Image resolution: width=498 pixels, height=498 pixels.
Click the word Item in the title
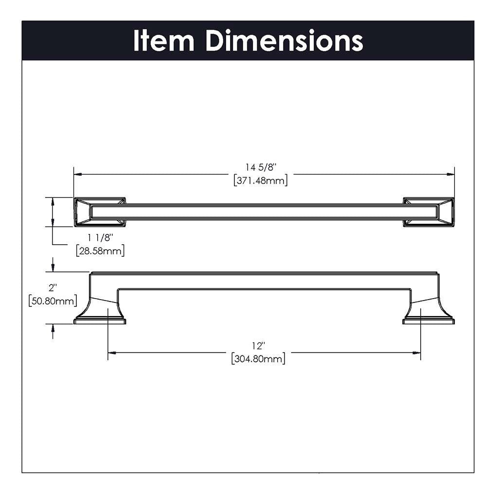(163, 41)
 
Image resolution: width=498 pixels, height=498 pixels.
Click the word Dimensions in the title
(284, 41)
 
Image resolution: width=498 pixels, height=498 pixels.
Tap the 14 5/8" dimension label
(261, 168)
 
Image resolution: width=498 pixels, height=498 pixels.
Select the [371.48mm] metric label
(261, 181)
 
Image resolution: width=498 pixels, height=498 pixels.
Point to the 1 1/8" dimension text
(100, 238)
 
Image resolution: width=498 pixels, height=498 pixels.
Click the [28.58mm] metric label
(100, 251)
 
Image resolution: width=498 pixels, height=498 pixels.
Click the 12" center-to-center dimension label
(258, 346)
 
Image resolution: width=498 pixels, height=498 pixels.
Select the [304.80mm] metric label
(258, 359)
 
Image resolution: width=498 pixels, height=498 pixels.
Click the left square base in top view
(100, 212)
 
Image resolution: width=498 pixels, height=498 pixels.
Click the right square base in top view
(428, 212)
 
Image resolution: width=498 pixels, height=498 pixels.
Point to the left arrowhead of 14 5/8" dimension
(77, 174)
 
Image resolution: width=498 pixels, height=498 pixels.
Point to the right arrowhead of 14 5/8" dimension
(451, 174)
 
